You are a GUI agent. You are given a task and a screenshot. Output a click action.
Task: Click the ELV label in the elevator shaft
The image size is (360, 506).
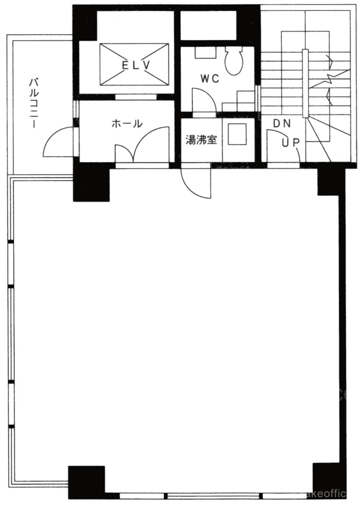coord(136,66)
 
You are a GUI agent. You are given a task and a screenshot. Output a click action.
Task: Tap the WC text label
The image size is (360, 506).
coord(210,78)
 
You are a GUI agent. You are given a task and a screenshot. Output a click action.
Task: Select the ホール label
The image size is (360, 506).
coord(127,124)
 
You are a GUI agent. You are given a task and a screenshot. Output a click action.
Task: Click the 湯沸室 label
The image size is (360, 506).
coord(201,140)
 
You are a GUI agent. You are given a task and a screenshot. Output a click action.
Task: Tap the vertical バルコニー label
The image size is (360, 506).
coord(34,103)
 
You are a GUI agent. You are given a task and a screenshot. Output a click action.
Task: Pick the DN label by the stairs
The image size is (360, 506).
coord(282,124)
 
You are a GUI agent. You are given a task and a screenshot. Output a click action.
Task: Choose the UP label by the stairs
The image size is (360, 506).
coord(291,143)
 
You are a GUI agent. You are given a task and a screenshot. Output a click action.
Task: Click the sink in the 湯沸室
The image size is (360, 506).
coord(237,134)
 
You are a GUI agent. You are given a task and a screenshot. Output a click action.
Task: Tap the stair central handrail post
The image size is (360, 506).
coord(305,83)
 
